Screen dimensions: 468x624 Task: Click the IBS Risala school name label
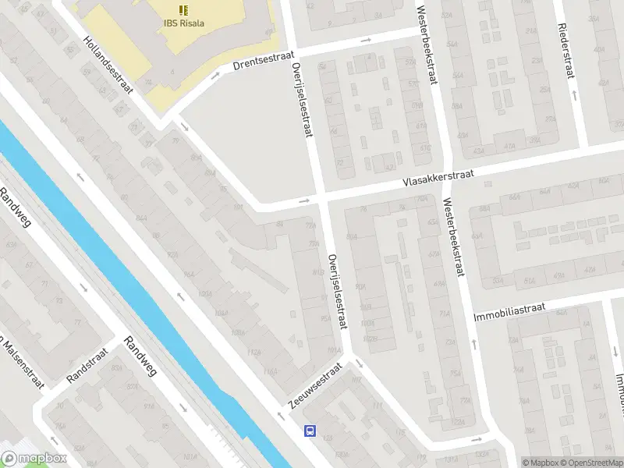[184, 23]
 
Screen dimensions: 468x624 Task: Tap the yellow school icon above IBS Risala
[184, 9]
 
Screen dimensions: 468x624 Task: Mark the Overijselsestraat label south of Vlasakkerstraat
[336, 291]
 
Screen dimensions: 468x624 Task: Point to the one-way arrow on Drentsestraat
[215, 76]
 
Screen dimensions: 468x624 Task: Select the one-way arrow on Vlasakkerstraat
[305, 201]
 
